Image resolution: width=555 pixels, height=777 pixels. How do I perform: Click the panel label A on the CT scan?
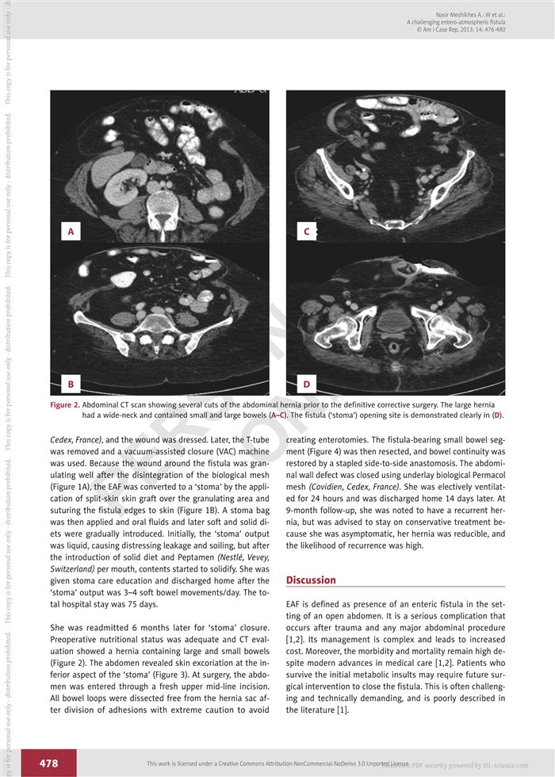pyautogui.click(x=71, y=232)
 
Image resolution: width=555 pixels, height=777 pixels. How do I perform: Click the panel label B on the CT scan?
pyautogui.click(x=71, y=385)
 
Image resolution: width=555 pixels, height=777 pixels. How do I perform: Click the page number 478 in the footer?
pyautogui.click(x=48, y=763)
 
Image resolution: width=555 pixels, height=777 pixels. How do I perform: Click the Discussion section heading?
pyautogui.click(x=311, y=580)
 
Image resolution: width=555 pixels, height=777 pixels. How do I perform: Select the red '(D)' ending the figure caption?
pyautogui.click(x=496, y=415)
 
